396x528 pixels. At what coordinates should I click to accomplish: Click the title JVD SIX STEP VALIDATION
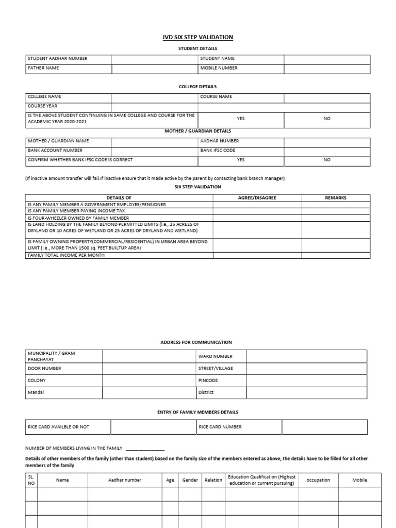[x=198, y=37]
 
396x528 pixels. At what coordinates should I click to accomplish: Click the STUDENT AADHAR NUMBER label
[x=57, y=59]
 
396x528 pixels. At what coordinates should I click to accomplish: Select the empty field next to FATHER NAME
[x=155, y=68]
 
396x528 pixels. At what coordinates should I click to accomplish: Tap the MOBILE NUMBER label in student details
[x=219, y=68]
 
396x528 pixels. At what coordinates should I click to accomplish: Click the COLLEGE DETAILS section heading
[x=198, y=87]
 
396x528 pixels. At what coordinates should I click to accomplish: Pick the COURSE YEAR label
[x=43, y=106]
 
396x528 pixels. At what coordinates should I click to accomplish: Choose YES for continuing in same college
[x=241, y=119]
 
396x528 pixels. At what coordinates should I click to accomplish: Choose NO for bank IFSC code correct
[x=327, y=160]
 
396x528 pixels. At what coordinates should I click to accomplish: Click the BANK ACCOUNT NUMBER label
[x=55, y=151]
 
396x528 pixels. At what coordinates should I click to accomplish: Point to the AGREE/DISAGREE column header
[x=257, y=197]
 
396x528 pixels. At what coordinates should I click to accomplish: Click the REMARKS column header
[x=336, y=197]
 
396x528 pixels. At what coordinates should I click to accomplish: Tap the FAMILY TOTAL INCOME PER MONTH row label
[x=66, y=255]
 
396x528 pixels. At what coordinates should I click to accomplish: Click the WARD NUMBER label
[x=215, y=356]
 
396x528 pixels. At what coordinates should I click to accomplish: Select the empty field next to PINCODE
[x=306, y=381]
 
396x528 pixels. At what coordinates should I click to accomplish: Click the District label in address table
[x=206, y=392]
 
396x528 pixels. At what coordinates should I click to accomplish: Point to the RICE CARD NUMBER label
[x=220, y=427]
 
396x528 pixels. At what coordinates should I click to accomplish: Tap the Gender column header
[x=190, y=480]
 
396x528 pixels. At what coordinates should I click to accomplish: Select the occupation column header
[x=318, y=480]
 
